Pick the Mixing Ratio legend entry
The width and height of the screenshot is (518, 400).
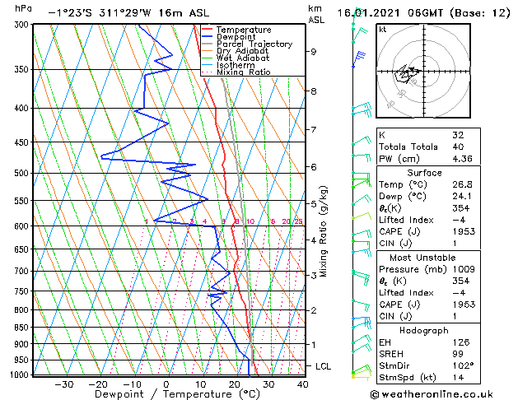(243, 72)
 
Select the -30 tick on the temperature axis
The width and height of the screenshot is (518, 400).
(63, 384)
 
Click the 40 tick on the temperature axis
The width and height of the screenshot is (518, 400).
(302, 384)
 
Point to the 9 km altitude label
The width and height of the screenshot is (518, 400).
(314, 52)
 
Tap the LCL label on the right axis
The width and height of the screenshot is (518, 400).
(323, 365)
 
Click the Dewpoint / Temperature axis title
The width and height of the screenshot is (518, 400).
(166, 394)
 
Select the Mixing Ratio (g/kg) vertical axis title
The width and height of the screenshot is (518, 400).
(324, 230)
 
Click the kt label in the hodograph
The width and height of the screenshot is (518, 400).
(382, 29)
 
